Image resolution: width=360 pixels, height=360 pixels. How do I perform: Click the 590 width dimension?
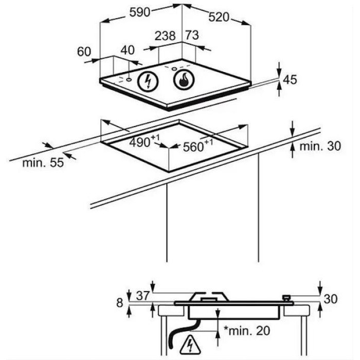pyautogui.click(x=139, y=12)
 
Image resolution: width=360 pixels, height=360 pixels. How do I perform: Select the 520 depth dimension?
pyautogui.click(x=219, y=17)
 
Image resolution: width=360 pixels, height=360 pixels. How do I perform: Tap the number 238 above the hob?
pyautogui.click(x=165, y=36)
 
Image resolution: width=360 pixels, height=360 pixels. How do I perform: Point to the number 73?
pyautogui.click(x=192, y=35)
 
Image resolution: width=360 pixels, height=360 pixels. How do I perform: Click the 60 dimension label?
pyautogui.click(x=84, y=51)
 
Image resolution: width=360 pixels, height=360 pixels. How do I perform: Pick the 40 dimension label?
pyautogui.click(x=128, y=50)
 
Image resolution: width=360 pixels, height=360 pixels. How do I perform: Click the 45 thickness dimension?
pyautogui.click(x=290, y=80)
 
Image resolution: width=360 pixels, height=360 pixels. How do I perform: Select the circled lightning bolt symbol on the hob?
pyautogui.click(x=148, y=81)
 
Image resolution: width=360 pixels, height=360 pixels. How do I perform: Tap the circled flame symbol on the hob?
pyautogui.click(x=184, y=80)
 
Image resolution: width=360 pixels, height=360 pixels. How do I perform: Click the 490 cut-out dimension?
pyautogui.click(x=144, y=141)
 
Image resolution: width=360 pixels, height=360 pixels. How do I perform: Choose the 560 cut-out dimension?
pyautogui.click(x=198, y=146)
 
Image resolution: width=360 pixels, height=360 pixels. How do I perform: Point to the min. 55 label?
pyautogui.click(x=43, y=163)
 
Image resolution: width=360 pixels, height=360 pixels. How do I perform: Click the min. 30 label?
pyautogui.click(x=320, y=146)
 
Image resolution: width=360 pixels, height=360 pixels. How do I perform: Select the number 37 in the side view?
pyautogui.click(x=143, y=296)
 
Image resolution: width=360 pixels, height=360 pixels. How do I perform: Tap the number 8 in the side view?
pyautogui.click(x=120, y=303)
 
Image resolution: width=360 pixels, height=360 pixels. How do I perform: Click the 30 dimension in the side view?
pyautogui.click(x=331, y=299)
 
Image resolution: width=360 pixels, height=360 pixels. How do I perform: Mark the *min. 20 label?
pyautogui.click(x=246, y=331)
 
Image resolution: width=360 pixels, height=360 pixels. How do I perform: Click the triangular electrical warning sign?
pyautogui.click(x=190, y=345)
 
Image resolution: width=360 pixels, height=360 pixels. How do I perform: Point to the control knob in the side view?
pyautogui.click(x=286, y=298)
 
